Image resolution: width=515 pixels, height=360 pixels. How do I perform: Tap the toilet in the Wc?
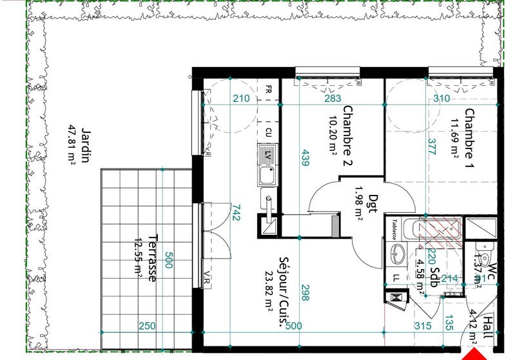481,248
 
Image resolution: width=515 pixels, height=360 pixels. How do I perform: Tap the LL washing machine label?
396,277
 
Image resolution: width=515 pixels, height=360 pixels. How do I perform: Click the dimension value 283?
333,99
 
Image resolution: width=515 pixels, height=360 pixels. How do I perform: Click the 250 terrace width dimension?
147,326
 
